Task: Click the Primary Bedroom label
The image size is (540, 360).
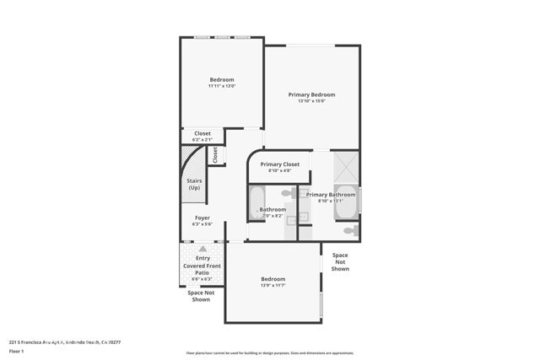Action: (311, 94)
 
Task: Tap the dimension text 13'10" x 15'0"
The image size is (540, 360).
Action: (311, 101)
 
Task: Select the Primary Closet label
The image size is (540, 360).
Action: (279, 164)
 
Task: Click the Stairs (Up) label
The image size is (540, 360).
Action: (193, 184)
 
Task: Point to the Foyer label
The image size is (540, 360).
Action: (202, 218)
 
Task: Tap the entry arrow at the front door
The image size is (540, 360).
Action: (202, 249)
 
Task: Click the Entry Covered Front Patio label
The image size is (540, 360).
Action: (202, 266)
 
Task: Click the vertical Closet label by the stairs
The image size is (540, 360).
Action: (215, 155)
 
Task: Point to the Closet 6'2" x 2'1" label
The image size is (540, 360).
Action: (202, 135)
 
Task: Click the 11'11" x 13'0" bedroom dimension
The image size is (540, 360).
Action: (222, 86)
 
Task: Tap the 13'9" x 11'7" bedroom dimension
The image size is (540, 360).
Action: (273, 286)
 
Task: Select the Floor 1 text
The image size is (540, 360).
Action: (16, 351)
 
